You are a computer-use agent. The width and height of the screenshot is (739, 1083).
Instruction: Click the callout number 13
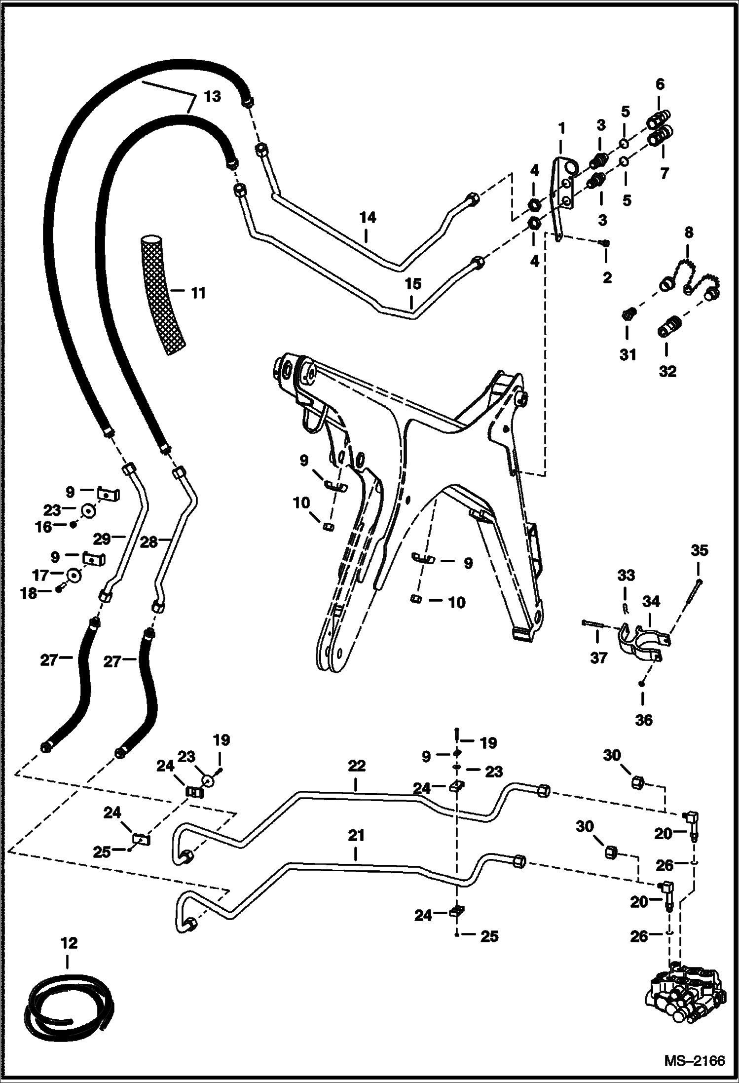click(212, 96)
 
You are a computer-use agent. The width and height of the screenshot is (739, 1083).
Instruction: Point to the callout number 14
click(368, 217)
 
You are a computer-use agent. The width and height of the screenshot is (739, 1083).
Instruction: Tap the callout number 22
click(356, 766)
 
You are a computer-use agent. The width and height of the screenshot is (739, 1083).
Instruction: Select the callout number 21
click(356, 835)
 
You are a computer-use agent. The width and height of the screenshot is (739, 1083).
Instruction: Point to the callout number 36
click(644, 720)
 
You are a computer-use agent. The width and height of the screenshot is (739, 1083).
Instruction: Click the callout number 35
click(699, 550)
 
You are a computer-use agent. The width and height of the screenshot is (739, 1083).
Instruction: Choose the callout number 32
click(667, 371)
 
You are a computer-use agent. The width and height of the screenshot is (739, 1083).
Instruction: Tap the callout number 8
click(689, 232)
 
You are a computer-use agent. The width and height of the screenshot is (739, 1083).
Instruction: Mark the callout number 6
click(660, 84)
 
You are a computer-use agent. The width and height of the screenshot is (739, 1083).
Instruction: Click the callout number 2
click(607, 277)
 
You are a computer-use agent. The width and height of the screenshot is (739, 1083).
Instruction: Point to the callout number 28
click(148, 541)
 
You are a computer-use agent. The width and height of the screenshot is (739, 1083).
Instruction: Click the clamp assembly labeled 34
click(641, 642)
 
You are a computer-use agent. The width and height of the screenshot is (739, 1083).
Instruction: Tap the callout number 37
click(598, 658)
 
